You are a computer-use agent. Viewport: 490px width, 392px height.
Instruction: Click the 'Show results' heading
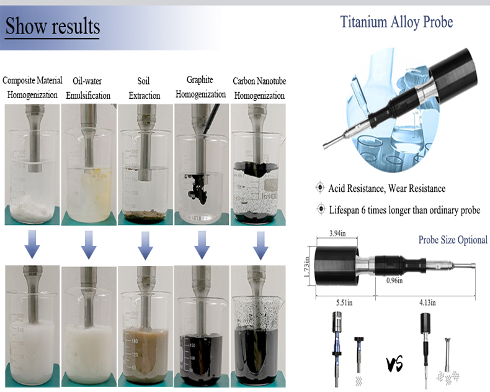coord(53,27)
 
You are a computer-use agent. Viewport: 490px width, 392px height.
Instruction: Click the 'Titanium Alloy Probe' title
coord(397,22)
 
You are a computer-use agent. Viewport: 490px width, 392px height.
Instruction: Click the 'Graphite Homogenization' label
coord(200,87)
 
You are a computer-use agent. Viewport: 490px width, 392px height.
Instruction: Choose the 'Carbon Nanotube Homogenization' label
coord(259,88)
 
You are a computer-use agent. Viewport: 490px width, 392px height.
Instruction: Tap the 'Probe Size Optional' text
coord(453,240)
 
